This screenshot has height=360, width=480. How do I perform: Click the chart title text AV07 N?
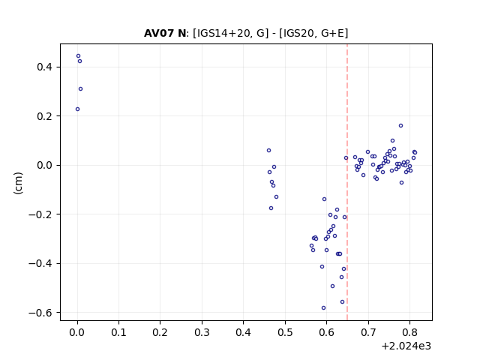click(x=165, y=33)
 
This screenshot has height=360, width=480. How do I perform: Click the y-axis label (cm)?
click(x=18, y=183)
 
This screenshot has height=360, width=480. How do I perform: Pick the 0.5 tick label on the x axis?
click(x=285, y=332)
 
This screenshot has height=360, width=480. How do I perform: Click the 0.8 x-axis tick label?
click(x=409, y=332)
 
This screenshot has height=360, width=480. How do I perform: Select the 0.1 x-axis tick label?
click(x=118, y=332)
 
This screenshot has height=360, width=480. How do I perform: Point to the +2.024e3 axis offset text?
click(x=406, y=346)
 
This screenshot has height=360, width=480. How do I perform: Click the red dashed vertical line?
click(x=347, y=182)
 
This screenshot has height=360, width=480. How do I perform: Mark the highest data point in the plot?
click(x=78, y=56)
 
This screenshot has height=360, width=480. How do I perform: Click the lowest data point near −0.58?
click(x=323, y=308)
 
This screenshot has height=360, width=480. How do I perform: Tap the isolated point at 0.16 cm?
click(x=400, y=126)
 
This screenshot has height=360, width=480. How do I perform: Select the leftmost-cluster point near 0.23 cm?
click(x=77, y=109)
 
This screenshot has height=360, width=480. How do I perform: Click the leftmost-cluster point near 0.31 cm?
click(x=80, y=89)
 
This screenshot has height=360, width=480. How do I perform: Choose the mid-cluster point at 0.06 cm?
click(x=268, y=151)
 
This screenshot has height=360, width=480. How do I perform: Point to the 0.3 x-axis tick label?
click(x=202, y=332)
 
